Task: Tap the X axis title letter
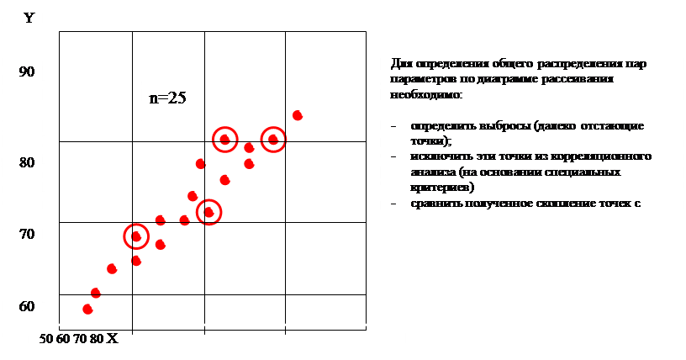click(x=113, y=338)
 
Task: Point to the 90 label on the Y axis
click(x=27, y=72)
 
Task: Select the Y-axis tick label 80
click(x=27, y=162)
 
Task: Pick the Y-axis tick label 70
click(x=27, y=234)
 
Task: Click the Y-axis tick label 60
click(x=27, y=306)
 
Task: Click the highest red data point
click(x=297, y=115)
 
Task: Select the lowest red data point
click(x=87, y=309)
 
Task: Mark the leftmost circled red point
click(x=135, y=236)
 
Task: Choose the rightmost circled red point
click(x=273, y=140)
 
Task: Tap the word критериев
click(x=436, y=188)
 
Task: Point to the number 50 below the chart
click(x=46, y=339)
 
